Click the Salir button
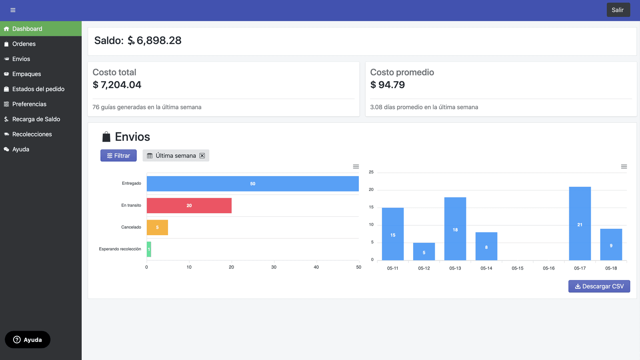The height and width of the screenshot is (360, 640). coord(618,10)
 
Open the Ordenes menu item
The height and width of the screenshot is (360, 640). coord(24,44)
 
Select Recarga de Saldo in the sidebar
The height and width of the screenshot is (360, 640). coord(36,119)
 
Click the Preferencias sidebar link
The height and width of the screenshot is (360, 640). coord(29,104)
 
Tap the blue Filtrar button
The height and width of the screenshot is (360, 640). coord(118,156)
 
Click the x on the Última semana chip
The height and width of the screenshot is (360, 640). coord(202,156)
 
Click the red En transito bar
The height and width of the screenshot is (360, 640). coord(189,206)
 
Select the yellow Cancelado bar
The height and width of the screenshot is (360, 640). coord(157,227)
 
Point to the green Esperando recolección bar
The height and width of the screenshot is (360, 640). coord(149,249)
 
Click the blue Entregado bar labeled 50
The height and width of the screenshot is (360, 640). coord(252,184)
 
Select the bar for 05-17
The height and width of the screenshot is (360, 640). coord(580,224)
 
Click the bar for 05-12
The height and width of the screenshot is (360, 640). coord(424,252)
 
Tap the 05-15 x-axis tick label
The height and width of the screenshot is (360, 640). coord(517,268)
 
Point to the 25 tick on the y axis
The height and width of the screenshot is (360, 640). coord(371,172)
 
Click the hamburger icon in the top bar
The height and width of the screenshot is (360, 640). coord(13,10)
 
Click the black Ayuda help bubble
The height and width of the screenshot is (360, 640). coord(28,340)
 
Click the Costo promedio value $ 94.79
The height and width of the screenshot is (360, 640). coord(387,85)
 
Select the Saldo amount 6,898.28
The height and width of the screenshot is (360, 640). coord(159,40)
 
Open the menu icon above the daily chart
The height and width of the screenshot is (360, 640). coord(624,166)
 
